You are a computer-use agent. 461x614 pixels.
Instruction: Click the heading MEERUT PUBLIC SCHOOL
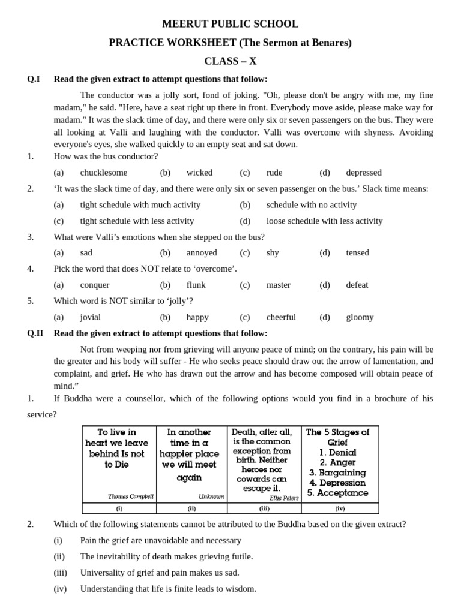click(230, 24)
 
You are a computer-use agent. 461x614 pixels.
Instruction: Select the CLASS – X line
click(230, 61)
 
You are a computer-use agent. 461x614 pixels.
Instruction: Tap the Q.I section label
click(34, 79)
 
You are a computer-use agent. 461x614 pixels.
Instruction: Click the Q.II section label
click(35, 333)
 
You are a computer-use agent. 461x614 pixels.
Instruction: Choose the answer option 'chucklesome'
click(104, 173)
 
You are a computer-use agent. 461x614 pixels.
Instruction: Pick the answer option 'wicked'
click(199, 173)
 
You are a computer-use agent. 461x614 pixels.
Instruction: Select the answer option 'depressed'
click(364, 173)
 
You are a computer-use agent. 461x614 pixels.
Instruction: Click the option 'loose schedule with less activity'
click(324, 221)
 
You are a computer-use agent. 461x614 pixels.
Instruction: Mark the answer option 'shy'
click(273, 253)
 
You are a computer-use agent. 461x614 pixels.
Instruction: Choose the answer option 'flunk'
click(196, 285)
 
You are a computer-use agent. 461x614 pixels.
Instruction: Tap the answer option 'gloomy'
click(360, 317)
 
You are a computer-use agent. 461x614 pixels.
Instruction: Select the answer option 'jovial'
click(91, 317)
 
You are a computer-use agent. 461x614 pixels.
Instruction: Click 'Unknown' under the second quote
click(211, 496)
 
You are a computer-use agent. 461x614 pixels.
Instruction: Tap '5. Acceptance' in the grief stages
click(338, 493)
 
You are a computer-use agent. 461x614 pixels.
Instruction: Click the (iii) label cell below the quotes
click(264, 508)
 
